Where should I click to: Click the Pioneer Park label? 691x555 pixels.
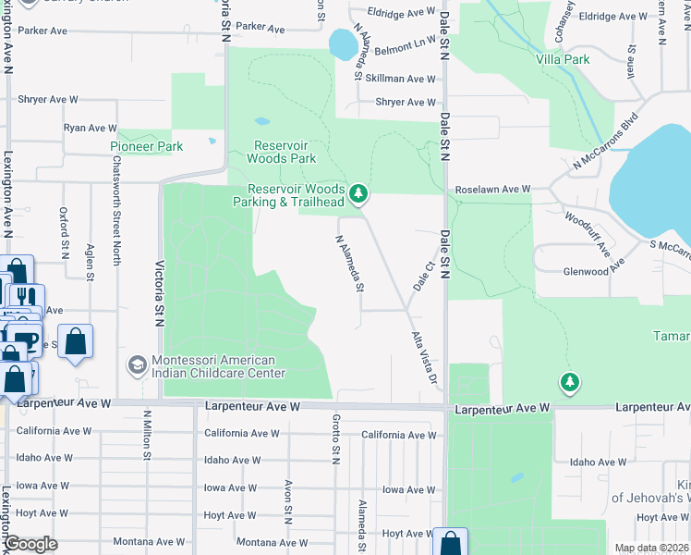[147, 146]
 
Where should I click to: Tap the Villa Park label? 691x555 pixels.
[563, 59]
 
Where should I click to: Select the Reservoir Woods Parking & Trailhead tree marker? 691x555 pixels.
[359, 194]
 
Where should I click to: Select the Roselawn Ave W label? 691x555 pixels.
[492, 190]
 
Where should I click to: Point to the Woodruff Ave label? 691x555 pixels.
[588, 233]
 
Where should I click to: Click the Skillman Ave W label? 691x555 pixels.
[400, 80]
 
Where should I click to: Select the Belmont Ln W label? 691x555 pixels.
[405, 43]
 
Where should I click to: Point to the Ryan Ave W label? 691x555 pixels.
[90, 128]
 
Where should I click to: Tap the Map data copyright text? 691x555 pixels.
[652, 548]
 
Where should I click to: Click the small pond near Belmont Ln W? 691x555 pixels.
[342, 43]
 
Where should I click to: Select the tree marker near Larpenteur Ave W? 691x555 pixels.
[570, 382]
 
